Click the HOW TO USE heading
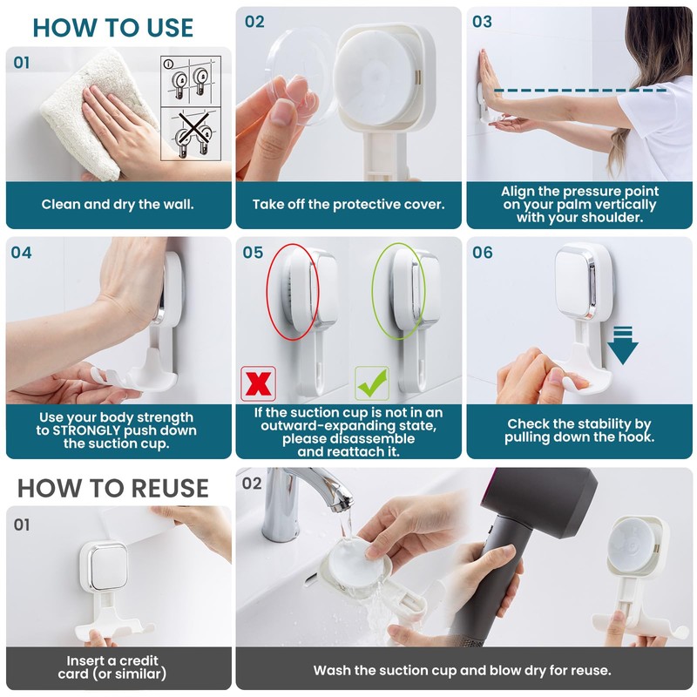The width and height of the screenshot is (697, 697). point(113,28)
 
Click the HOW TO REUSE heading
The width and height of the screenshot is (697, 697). point(113,488)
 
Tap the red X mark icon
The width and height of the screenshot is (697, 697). point(258,383)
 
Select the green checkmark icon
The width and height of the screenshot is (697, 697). point(372,383)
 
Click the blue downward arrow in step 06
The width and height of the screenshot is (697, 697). point(623,345)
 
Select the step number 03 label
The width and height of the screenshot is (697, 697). point(483,21)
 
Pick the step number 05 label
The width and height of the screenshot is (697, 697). point(253,253)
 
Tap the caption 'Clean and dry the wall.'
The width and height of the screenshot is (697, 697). point(118,205)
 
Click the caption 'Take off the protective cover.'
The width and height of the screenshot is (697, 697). point(348,205)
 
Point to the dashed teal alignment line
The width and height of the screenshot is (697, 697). point(580,91)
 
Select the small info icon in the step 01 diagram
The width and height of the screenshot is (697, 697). point(168,64)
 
